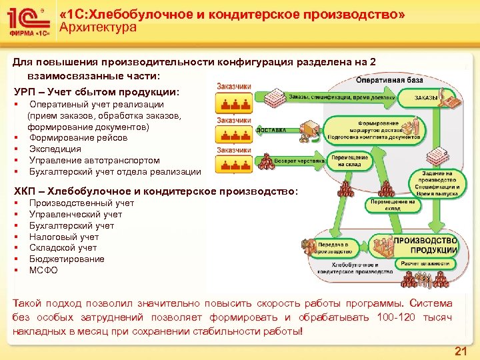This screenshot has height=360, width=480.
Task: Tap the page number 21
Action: (460, 351)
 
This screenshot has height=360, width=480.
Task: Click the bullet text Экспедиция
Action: (55, 149)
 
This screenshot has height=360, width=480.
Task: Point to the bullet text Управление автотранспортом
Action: (94, 161)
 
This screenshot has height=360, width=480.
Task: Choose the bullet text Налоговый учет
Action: (64, 237)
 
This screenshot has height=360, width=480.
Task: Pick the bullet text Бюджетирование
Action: (67, 259)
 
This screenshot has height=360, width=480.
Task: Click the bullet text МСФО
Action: (43, 270)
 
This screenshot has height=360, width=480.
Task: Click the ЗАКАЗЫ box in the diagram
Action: (426, 98)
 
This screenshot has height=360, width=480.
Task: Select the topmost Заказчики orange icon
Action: (233, 100)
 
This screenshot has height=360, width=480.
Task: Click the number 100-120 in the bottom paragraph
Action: (399, 317)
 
